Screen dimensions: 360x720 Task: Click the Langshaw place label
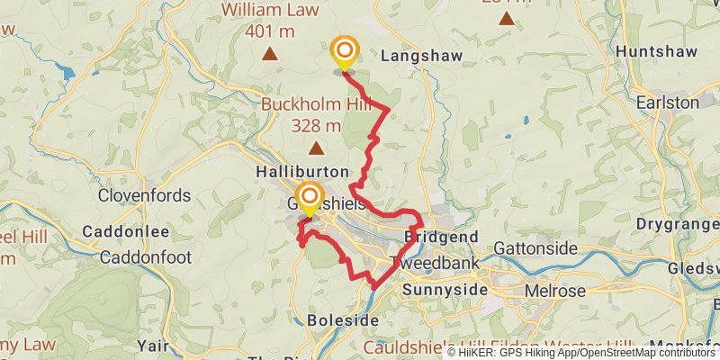421,56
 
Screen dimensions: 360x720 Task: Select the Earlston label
668,103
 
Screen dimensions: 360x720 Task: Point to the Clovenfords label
144,195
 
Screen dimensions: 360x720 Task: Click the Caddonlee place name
126,231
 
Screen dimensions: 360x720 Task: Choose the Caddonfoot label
146,257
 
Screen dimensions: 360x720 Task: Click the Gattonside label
536,247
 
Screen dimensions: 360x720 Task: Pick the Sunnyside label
445,291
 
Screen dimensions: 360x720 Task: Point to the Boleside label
335,319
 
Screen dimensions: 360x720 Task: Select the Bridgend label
441,236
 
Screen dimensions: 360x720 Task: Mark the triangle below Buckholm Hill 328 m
316,148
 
